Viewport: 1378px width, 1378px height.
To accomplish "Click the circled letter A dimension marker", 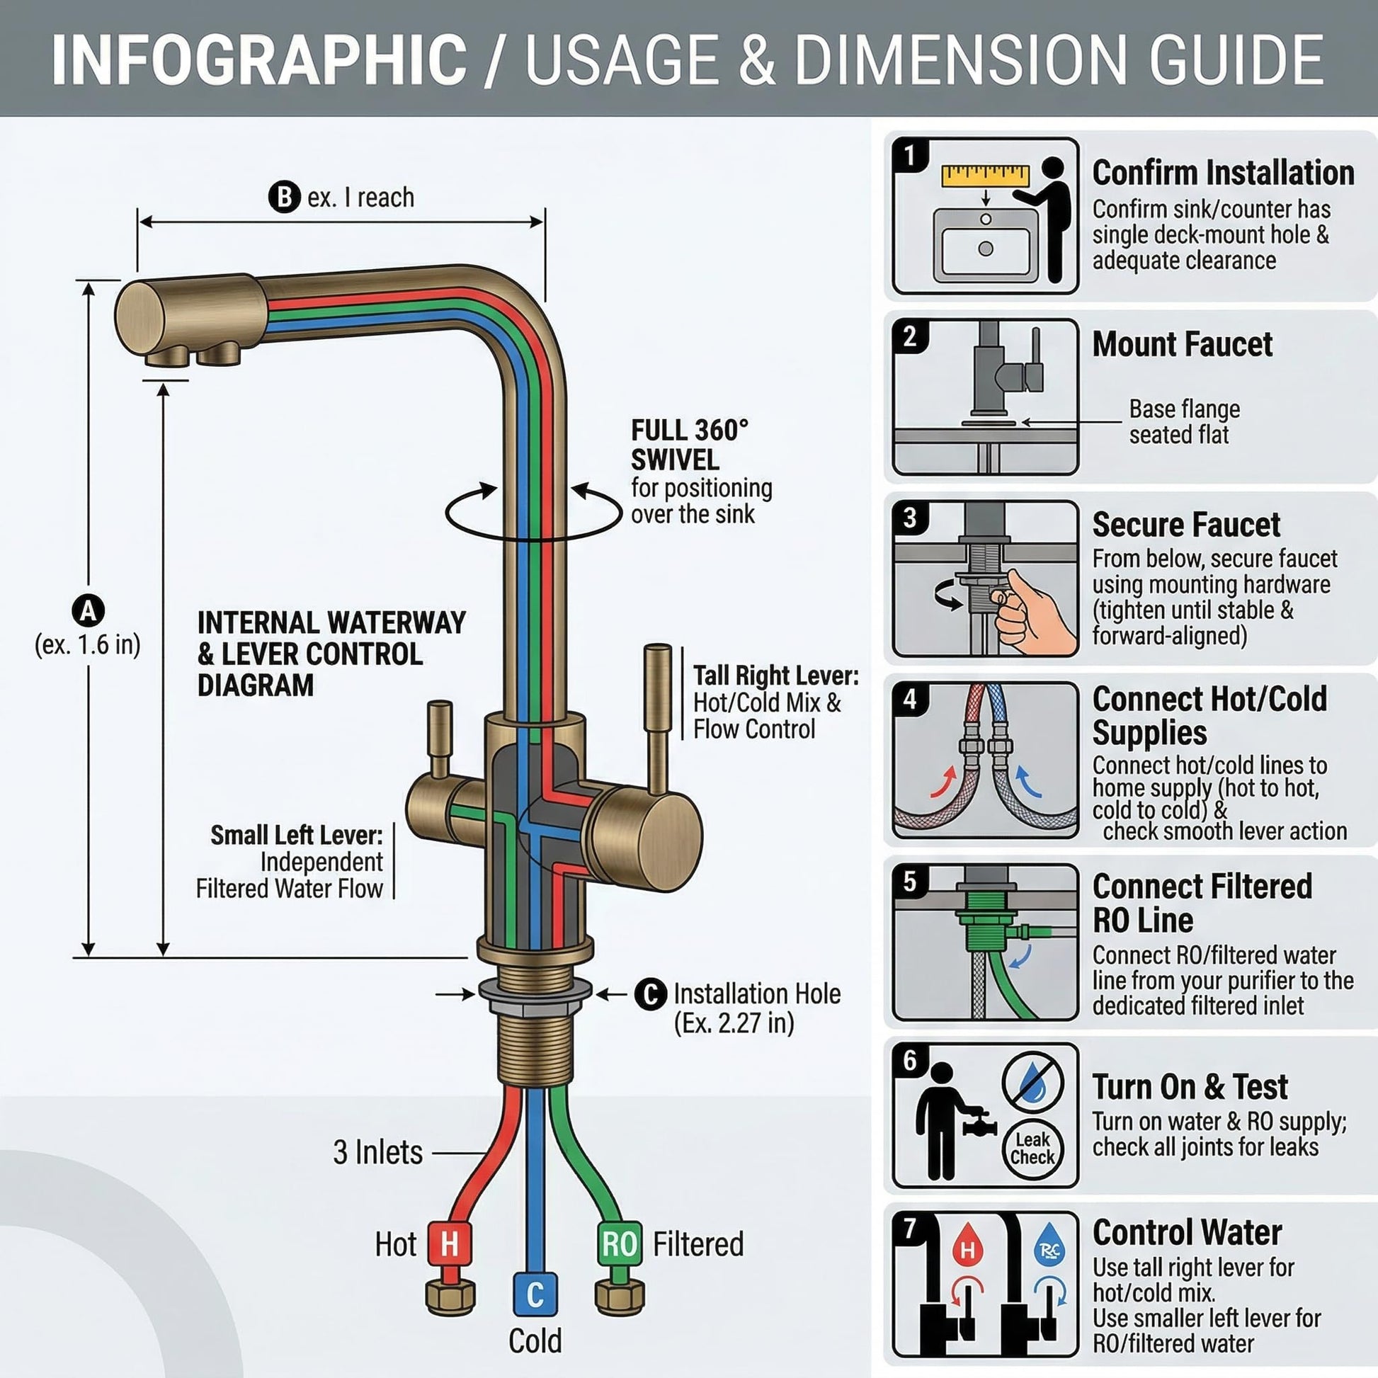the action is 89,610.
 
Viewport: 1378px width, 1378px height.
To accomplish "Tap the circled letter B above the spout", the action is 284,197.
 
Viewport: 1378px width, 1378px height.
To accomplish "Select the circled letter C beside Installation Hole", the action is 651,993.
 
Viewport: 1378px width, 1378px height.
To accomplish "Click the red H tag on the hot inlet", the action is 450,1244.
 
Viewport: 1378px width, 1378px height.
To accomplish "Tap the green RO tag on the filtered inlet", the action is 619,1244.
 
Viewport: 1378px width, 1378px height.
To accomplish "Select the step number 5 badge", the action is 909,882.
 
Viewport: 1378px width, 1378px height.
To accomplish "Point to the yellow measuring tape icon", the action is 985,176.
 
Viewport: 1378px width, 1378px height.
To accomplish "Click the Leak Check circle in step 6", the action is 1032,1149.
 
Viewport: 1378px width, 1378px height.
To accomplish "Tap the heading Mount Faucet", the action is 1183,343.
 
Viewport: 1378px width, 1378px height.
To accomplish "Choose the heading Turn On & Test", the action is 1190,1087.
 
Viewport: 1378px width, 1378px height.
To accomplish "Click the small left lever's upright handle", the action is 439,738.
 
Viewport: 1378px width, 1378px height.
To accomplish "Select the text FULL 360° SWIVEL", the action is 689,445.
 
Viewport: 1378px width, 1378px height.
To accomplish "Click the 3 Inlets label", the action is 378,1152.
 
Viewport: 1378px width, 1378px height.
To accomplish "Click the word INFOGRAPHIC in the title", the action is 259,59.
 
